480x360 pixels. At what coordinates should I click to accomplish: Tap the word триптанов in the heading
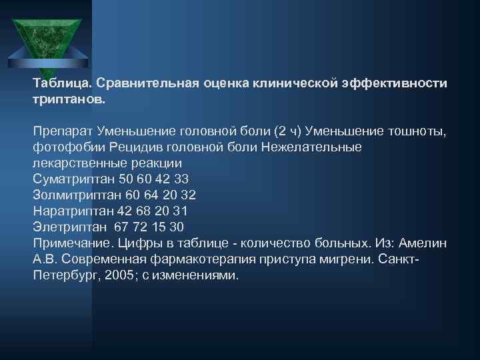pyautogui.click(x=68, y=100)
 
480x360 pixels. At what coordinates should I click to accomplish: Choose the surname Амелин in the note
pyautogui.click(x=427, y=243)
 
